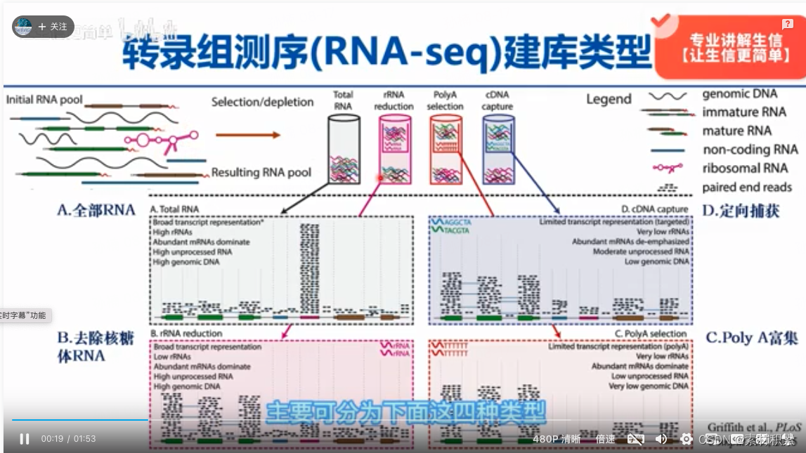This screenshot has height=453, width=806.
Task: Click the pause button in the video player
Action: pyautogui.click(x=25, y=439)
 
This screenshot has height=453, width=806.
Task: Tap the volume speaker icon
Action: pyautogui.click(x=661, y=439)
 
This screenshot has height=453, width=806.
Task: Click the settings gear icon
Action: pyautogui.click(x=687, y=439)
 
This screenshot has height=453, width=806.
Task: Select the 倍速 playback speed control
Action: pyautogui.click(x=606, y=439)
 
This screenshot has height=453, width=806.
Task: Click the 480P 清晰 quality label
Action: pyautogui.click(x=557, y=439)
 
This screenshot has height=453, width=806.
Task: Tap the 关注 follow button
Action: pyautogui.click(x=53, y=27)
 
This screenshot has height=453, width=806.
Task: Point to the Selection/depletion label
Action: pyautogui.click(x=262, y=102)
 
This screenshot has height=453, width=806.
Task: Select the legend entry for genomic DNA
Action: pyautogui.click(x=739, y=93)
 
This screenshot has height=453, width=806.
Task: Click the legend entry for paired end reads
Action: pyautogui.click(x=747, y=187)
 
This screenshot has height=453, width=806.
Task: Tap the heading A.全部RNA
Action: pyautogui.click(x=96, y=210)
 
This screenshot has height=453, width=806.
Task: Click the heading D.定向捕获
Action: pyautogui.click(x=741, y=210)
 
